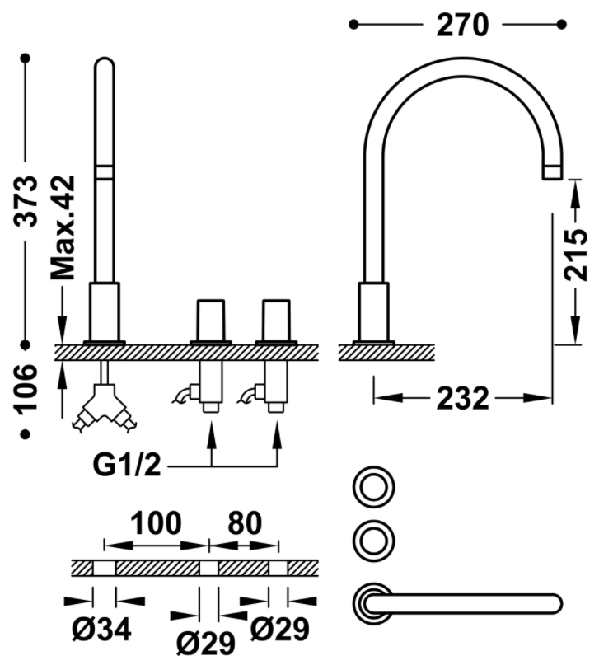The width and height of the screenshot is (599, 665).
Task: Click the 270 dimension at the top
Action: click(462, 26)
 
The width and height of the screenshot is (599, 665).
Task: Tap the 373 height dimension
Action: click(26, 201)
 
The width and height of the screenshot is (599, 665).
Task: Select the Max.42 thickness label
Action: click(63, 227)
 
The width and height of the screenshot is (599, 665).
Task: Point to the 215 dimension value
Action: click(575, 255)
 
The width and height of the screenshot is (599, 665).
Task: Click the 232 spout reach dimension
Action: click(462, 399)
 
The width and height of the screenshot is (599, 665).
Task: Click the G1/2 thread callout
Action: click(127, 466)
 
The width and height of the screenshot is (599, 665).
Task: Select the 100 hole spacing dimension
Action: click(156, 523)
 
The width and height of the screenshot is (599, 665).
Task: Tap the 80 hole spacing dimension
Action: click(245, 523)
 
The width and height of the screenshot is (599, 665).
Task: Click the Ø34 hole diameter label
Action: click(101, 630)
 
